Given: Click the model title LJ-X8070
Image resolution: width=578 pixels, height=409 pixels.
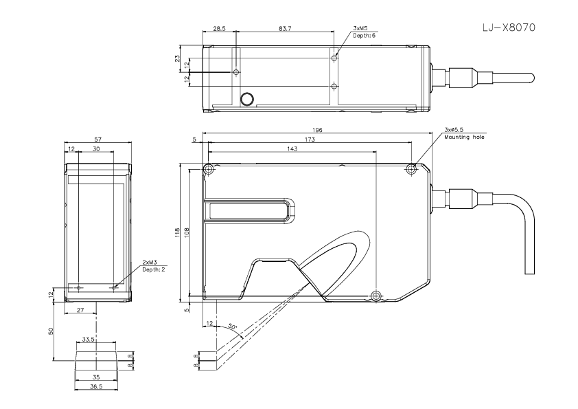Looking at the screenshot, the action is (509, 27).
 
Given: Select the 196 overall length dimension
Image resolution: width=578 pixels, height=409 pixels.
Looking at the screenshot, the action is (317, 130).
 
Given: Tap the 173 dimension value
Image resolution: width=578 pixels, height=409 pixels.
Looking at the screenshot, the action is (310, 140).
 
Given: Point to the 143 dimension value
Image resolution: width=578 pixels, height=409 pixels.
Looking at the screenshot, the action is (292, 148).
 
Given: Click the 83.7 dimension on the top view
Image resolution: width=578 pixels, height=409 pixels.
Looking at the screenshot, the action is (285, 28).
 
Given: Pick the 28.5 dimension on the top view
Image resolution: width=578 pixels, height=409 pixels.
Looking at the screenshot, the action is (220, 28).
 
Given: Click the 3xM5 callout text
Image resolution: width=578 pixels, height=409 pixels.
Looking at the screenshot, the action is (360, 28).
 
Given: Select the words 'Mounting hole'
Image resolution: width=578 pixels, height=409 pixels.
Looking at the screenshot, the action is (464, 137).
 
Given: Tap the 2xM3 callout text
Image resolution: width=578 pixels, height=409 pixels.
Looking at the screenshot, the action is (150, 263).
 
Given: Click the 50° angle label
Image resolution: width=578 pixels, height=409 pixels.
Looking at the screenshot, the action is (232, 327).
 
